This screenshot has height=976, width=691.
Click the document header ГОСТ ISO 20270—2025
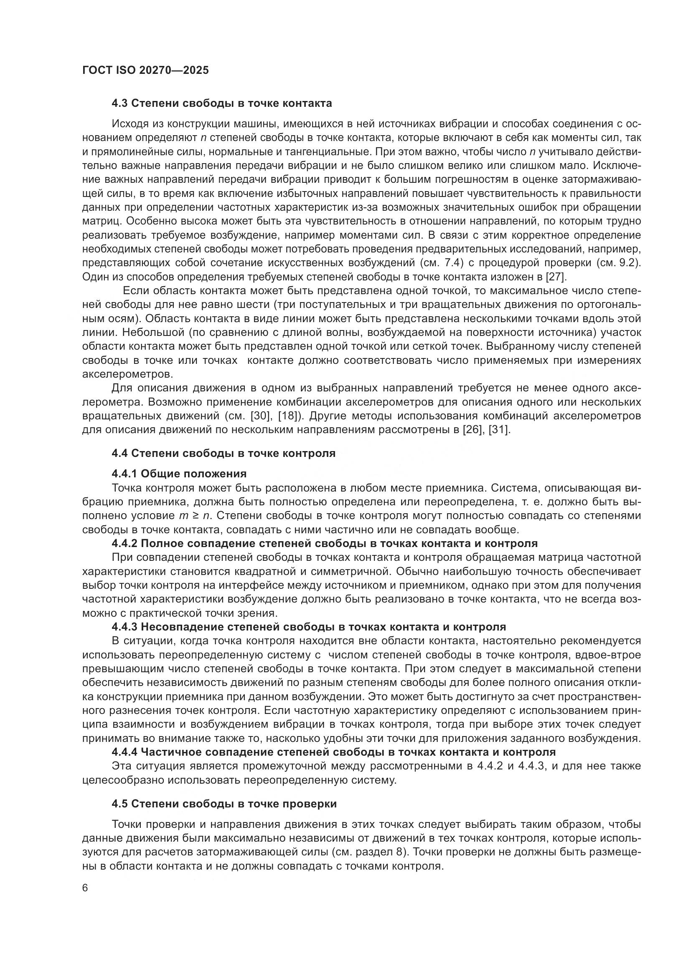[x=145, y=70]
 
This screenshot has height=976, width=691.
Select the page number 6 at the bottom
[x=86, y=888]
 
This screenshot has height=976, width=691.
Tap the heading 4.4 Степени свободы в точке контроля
[x=224, y=453]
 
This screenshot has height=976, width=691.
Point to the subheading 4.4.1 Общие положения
[x=179, y=474]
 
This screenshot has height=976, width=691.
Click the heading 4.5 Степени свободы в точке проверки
[x=224, y=804]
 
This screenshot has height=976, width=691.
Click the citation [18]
[x=290, y=416]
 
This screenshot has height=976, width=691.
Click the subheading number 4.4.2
[x=124, y=543]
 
